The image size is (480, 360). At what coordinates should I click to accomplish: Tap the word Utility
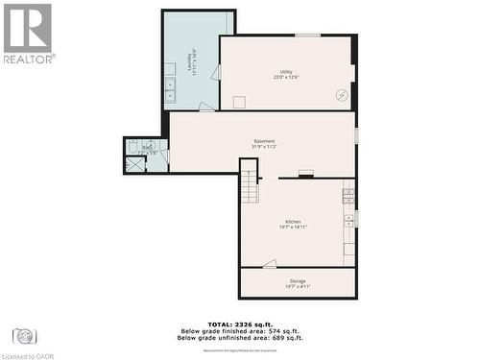tap(286, 72)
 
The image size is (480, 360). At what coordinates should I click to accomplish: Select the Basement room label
tap(265, 141)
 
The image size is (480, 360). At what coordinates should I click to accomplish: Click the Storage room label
tap(298, 280)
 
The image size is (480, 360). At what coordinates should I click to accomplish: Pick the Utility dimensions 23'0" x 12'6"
tap(286, 78)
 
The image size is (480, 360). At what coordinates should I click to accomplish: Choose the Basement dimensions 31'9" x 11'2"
tap(265, 147)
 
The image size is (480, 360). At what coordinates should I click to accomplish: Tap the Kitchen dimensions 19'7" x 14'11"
tap(293, 228)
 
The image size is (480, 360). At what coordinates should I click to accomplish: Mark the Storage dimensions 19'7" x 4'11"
tap(298, 286)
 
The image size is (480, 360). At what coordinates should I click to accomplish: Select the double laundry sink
tap(170, 90)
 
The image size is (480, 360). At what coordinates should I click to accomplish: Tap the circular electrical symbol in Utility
tap(340, 94)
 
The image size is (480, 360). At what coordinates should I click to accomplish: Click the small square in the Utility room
tap(239, 102)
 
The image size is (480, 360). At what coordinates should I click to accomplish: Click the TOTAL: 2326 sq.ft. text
tap(240, 324)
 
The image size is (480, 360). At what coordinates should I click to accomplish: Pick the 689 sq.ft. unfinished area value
tap(282, 338)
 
